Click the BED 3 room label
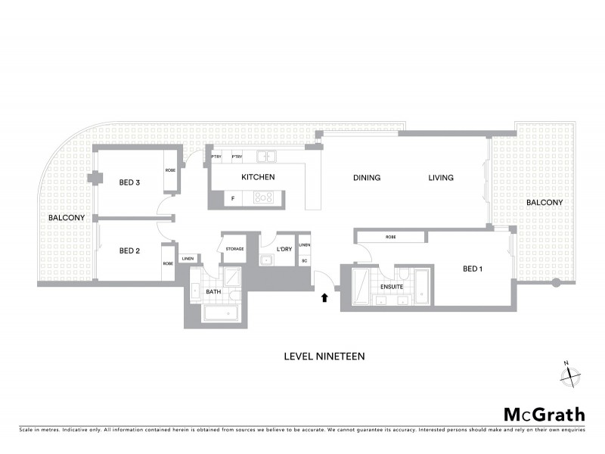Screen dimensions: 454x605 tap(129, 182)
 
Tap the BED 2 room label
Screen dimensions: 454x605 tap(129, 250)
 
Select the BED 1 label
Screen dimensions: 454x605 tap(472, 269)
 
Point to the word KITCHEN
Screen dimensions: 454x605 tap(258, 178)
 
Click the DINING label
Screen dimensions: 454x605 tap(367, 178)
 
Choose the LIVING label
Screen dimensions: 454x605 tap(440, 178)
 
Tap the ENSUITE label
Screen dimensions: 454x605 tap(391, 288)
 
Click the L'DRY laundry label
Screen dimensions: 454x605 tap(284, 249)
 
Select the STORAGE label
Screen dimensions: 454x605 tap(234, 249)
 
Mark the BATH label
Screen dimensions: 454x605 tap(213, 291)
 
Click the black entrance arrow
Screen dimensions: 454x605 tap(325, 297)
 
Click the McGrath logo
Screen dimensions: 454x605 tap(544, 414)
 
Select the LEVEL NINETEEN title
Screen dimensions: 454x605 tap(324, 355)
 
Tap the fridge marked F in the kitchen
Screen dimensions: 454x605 tap(232, 198)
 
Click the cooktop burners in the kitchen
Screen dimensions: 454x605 tap(264, 197)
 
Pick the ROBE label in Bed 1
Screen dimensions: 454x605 tap(390, 238)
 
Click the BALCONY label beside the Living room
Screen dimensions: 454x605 tap(544, 203)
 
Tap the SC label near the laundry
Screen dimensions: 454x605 tap(304, 261)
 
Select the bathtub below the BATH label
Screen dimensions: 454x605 tap(221, 314)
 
